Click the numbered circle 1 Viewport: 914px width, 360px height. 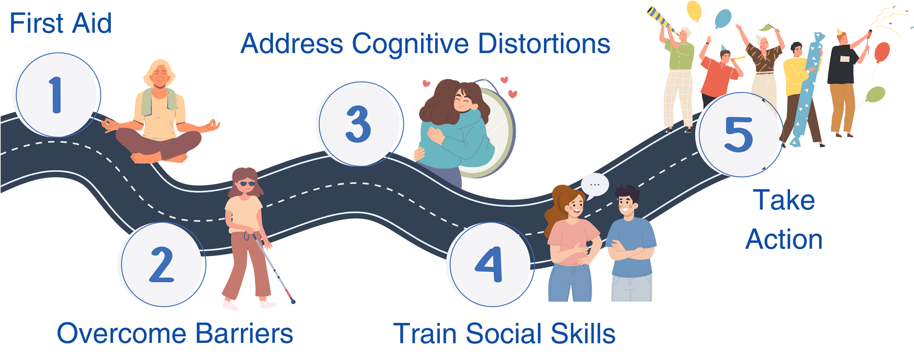[x=58, y=95]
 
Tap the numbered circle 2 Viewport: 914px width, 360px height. [x=163, y=264]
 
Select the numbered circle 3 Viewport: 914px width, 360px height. [x=361, y=124]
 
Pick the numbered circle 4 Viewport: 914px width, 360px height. [x=492, y=264]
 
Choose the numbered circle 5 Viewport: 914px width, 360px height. [x=741, y=135]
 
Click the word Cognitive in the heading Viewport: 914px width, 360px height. [x=410, y=44]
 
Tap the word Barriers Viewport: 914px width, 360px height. [x=244, y=333]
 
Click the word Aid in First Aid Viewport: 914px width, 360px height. [x=92, y=23]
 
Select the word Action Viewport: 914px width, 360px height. [x=784, y=239]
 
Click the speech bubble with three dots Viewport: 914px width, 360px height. [x=595, y=186]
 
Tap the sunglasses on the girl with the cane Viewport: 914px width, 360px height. [x=247, y=183]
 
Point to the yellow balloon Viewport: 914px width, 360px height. [x=693, y=11]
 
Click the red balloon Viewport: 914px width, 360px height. [x=882, y=52]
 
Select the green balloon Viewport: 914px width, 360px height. [x=875, y=95]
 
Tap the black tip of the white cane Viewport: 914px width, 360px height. [x=293, y=302]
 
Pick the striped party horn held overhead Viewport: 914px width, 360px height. [x=662, y=19]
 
